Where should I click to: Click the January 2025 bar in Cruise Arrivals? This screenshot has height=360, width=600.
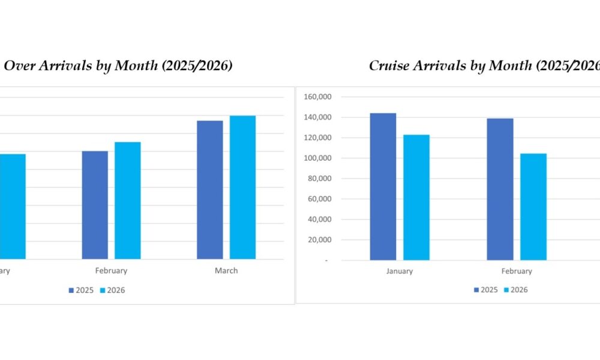tap(383, 187)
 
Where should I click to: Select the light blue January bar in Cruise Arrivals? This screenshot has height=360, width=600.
tap(416, 197)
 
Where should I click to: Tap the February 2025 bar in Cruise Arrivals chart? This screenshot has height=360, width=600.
tap(500, 189)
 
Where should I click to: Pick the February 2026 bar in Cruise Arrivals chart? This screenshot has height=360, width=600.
tap(533, 206)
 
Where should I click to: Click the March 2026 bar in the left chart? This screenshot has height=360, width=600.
tap(242, 187)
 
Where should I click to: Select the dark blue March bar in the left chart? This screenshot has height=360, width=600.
tap(209, 190)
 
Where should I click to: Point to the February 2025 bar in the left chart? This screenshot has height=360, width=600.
tap(95, 205)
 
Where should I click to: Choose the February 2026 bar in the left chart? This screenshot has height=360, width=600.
tap(128, 200)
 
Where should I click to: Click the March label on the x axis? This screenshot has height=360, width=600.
tap(226, 271)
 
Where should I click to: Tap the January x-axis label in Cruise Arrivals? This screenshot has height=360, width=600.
tap(400, 271)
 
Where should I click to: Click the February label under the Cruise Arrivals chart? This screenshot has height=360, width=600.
tap(517, 271)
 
